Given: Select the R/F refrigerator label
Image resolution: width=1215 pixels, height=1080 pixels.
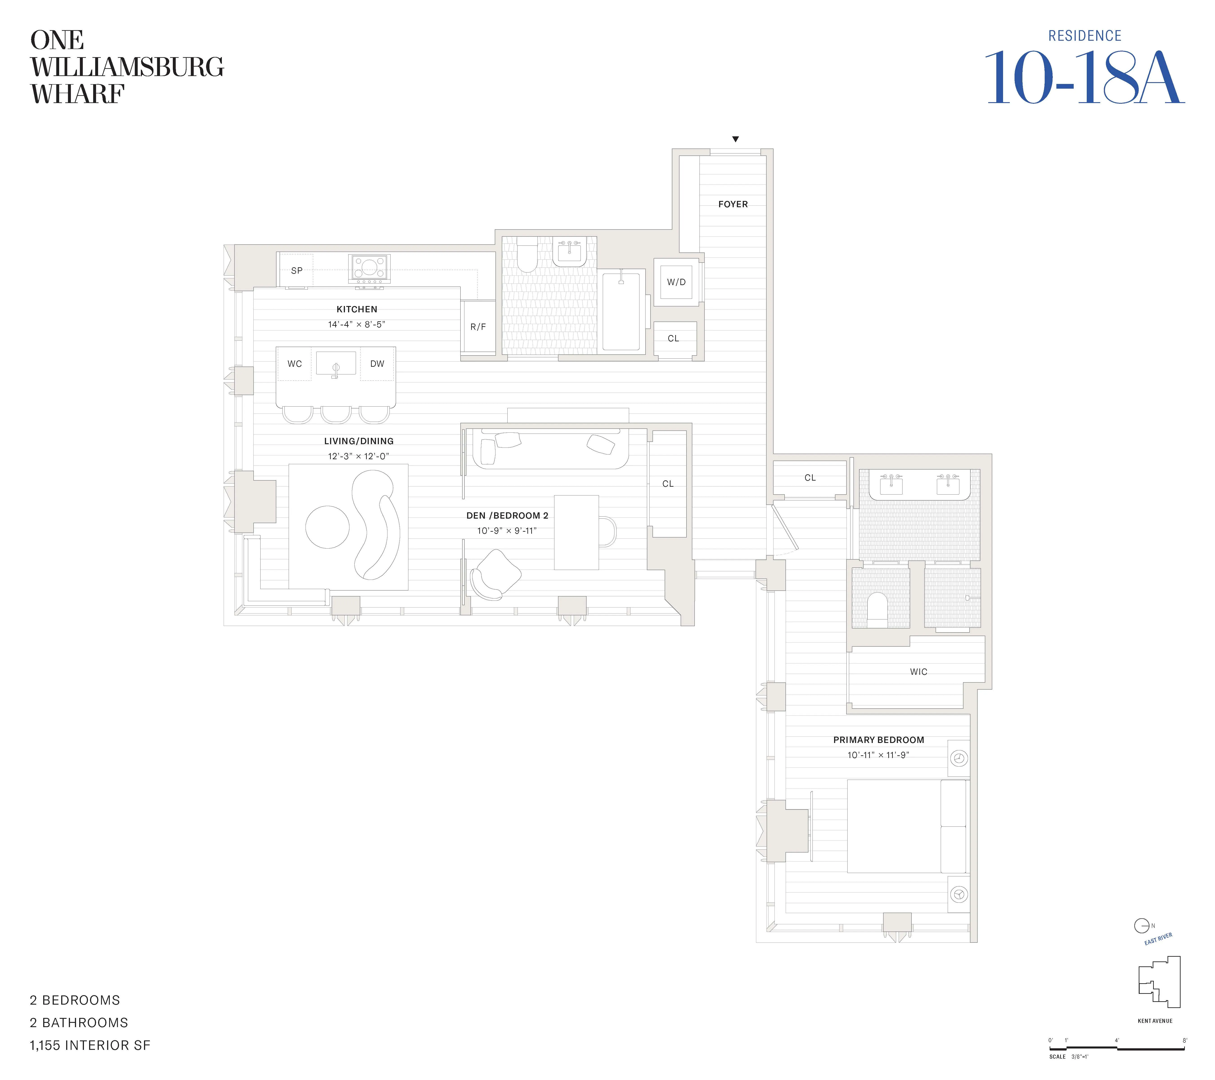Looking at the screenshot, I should tap(478, 326).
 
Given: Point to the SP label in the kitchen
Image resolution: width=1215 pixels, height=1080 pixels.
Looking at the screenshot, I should tap(297, 270).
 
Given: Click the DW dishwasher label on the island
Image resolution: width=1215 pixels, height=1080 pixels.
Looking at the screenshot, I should tap(377, 364).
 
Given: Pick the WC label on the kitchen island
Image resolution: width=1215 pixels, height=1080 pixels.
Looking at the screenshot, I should tap(294, 364).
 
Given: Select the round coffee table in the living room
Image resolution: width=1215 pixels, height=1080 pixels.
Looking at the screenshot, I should tap(328, 527).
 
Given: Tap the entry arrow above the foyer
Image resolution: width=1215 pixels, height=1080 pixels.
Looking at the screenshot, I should tap(735, 139).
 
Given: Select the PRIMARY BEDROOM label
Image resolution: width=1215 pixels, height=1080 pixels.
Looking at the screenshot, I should tap(878, 740).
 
